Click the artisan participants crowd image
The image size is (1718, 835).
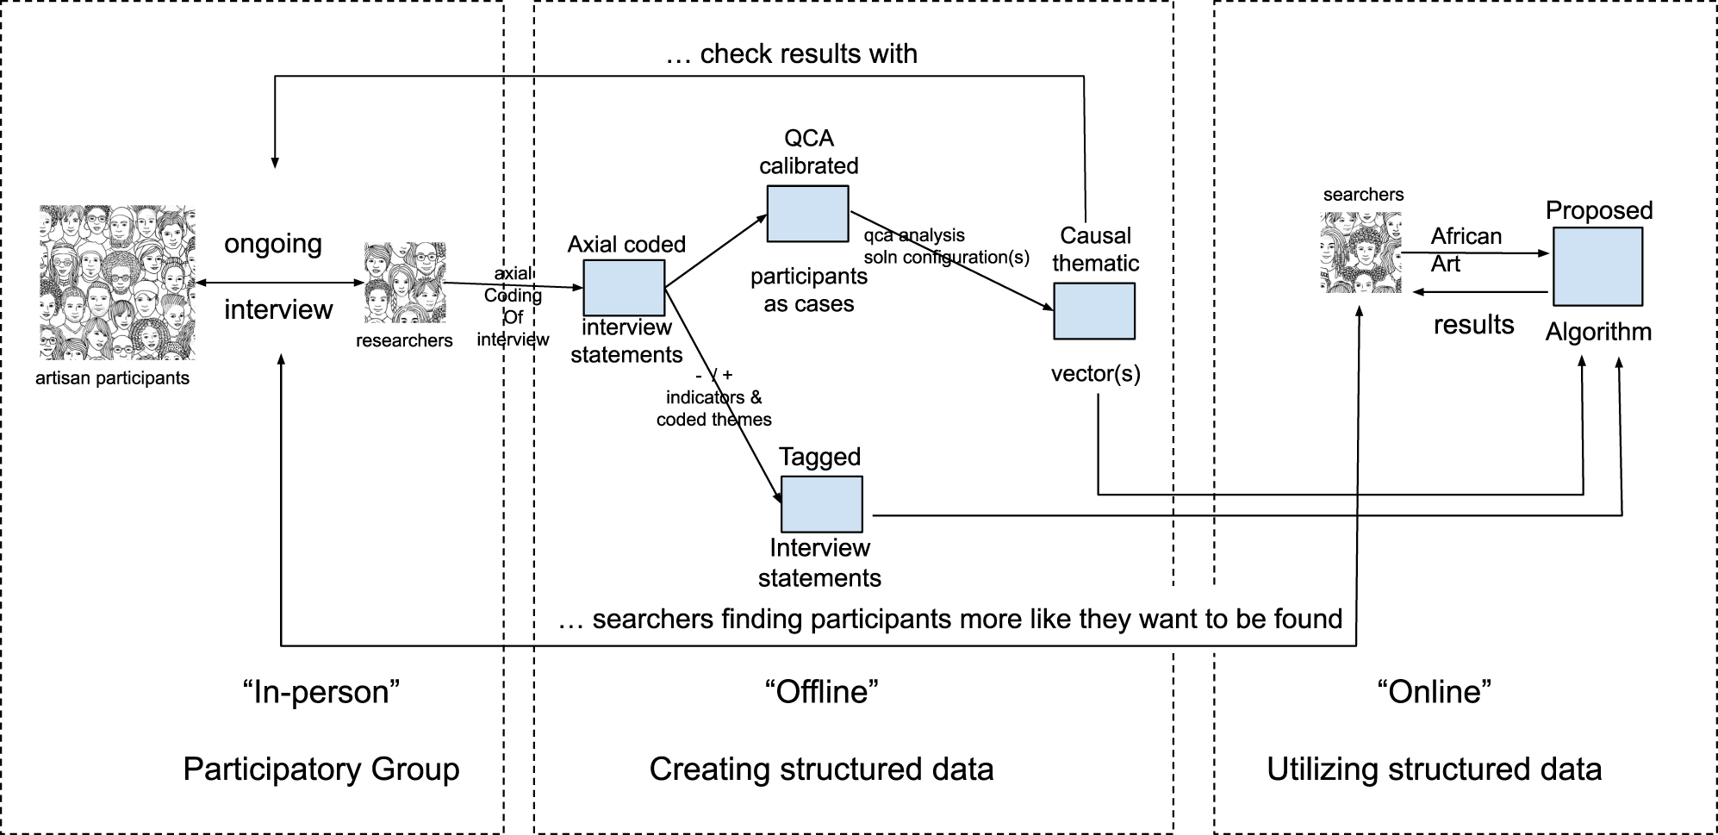pos(117,282)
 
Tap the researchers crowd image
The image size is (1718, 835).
pos(405,283)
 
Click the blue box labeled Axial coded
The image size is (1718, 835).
pos(624,288)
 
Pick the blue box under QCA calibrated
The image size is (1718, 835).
pos(807,214)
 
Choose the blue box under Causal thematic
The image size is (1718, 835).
pos(1093,311)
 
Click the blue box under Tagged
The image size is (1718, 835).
pos(821,504)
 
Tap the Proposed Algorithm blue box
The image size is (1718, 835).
pos(1597,266)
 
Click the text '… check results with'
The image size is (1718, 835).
pos(791,54)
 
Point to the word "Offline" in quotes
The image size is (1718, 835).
pos(821,691)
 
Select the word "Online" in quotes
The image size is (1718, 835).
pos(1434,691)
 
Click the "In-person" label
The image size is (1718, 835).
pos(321,691)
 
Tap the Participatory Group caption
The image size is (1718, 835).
pos(321,769)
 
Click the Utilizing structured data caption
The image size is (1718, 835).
pos(1434,769)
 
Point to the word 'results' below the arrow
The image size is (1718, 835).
pos(1472,325)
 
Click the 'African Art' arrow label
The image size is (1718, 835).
pos(1465,249)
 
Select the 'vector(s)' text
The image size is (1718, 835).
pos(1095,373)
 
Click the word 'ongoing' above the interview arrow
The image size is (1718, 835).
pos(273,244)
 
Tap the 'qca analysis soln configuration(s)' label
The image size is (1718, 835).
pos(945,246)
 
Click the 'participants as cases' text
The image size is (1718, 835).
pos(808,290)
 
